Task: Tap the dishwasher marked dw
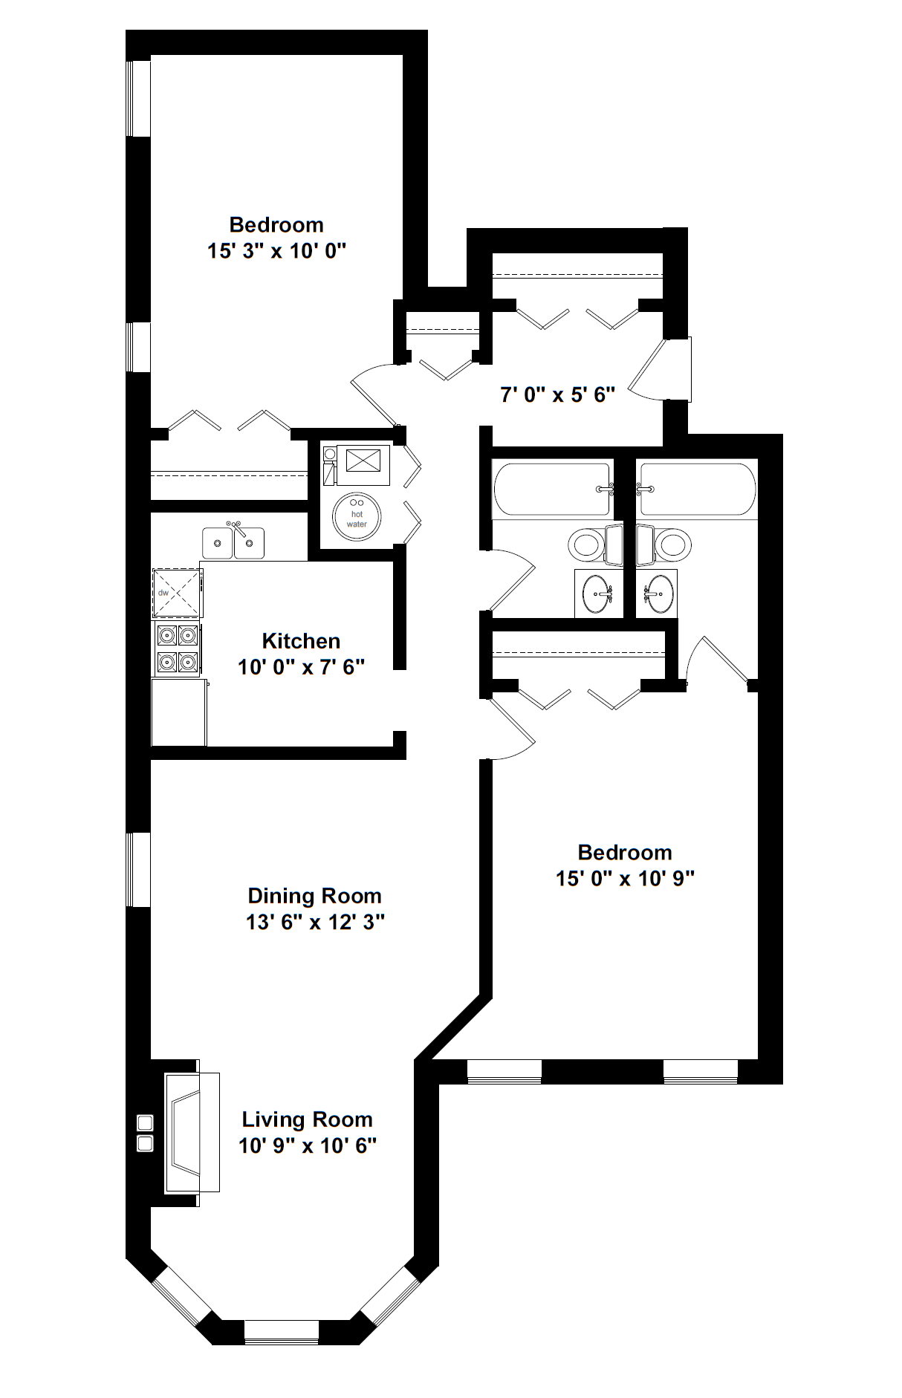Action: point(177,593)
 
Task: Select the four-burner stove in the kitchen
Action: point(177,648)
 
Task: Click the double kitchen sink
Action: point(233,542)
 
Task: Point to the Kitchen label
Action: point(301,641)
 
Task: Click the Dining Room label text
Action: point(314,896)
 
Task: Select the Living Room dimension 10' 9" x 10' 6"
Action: point(308,1145)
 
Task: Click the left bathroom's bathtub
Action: point(552,489)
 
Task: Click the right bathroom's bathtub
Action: point(698,489)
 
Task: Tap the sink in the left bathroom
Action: point(598,594)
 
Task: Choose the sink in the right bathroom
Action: point(658,594)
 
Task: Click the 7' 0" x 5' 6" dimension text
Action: point(558,395)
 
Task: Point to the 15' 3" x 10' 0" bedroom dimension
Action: point(277,251)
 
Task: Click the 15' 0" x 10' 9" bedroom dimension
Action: point(625,879)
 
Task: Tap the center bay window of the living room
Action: point(282,1331)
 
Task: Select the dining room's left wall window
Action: point(138,869)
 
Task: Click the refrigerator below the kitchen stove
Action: point(179,712)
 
